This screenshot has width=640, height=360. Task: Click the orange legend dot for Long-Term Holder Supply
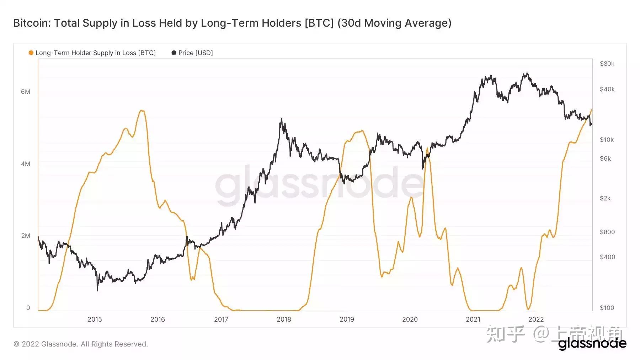[x=31, y=53]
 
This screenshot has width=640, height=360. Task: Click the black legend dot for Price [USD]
[x=174, y=53]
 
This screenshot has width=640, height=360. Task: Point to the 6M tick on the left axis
[x=26, y=92]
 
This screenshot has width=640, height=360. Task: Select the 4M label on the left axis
[x=26, y=164]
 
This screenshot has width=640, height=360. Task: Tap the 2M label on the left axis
[x=26, y=236]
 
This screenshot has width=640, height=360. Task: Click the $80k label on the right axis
[x=607, y=64]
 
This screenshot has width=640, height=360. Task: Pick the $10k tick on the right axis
[x=607, y=140]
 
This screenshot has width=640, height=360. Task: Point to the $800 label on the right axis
[x=607, y=232]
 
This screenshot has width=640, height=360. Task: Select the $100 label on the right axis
[x=607, y=308]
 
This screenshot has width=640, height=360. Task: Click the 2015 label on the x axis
[x=95, y=319]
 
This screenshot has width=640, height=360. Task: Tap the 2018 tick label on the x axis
[x=284, y=319]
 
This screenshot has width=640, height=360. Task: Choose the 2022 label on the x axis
[x=536, y=319]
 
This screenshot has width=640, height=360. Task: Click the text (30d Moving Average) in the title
[x=394, y=23]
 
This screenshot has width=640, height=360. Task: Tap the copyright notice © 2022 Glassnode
[x=80, y=344]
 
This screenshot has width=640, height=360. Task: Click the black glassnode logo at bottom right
[x=592, y=344]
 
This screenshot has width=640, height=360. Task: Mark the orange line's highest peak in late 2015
[x=142, y=111]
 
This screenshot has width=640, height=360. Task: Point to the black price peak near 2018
[x=281, y=119]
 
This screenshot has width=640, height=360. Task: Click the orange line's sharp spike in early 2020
[x=427, y=148]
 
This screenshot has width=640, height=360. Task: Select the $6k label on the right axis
[x=605, y=158]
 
